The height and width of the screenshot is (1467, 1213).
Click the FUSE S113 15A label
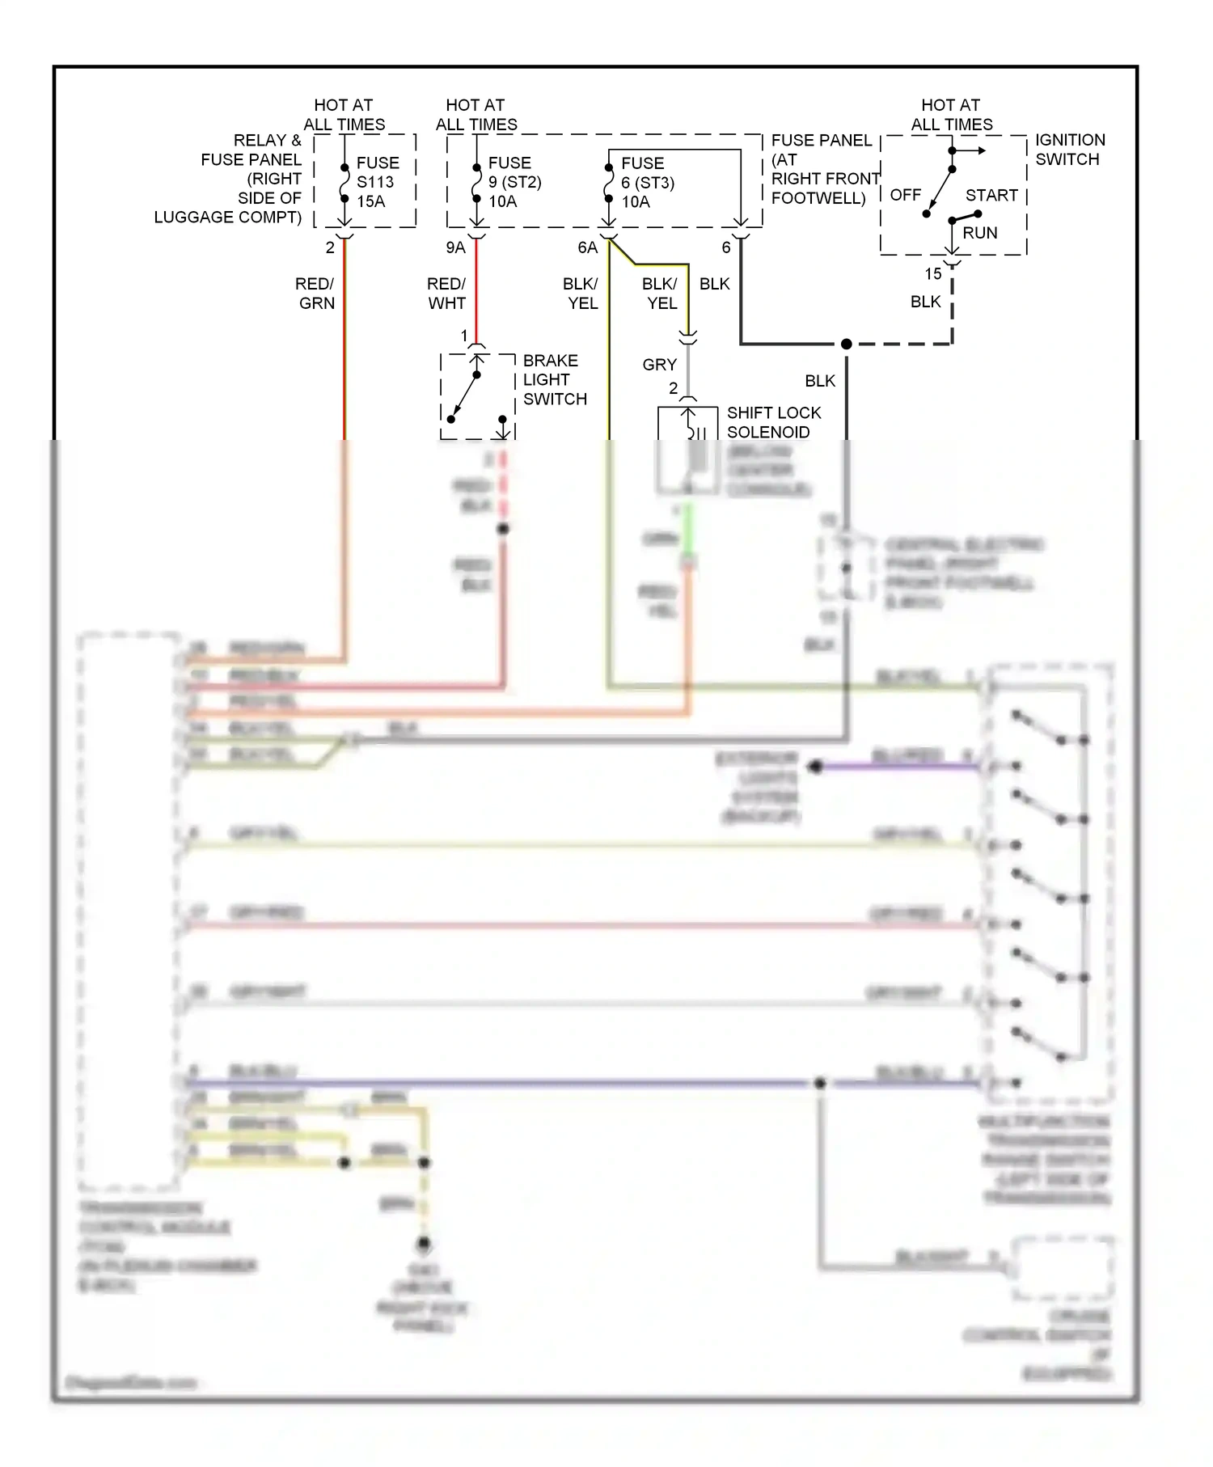377,182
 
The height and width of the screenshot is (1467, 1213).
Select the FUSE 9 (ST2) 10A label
514,182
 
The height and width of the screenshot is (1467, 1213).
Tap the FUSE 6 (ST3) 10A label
647,182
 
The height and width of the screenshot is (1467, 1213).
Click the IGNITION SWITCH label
1069,150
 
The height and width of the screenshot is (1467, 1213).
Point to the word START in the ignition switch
991,196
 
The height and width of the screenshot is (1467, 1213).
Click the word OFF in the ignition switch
905,196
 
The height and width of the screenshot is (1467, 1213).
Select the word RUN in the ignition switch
979,233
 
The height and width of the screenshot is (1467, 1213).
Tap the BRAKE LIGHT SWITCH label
554,379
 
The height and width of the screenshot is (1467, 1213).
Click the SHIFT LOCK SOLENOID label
773,422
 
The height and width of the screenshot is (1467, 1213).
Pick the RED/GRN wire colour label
315,294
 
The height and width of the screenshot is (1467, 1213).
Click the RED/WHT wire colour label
446,294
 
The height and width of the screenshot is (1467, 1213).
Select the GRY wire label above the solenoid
659,365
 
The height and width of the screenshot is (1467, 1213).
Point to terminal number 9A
455,247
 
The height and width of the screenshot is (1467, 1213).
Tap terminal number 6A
587,247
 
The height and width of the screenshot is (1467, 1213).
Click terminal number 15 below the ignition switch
933,274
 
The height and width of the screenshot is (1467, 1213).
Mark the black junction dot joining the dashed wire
846,345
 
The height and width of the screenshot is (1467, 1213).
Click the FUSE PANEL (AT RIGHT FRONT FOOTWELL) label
823,169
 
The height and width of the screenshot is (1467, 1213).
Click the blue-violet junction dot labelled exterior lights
815,766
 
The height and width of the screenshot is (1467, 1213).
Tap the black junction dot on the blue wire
820,1083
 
